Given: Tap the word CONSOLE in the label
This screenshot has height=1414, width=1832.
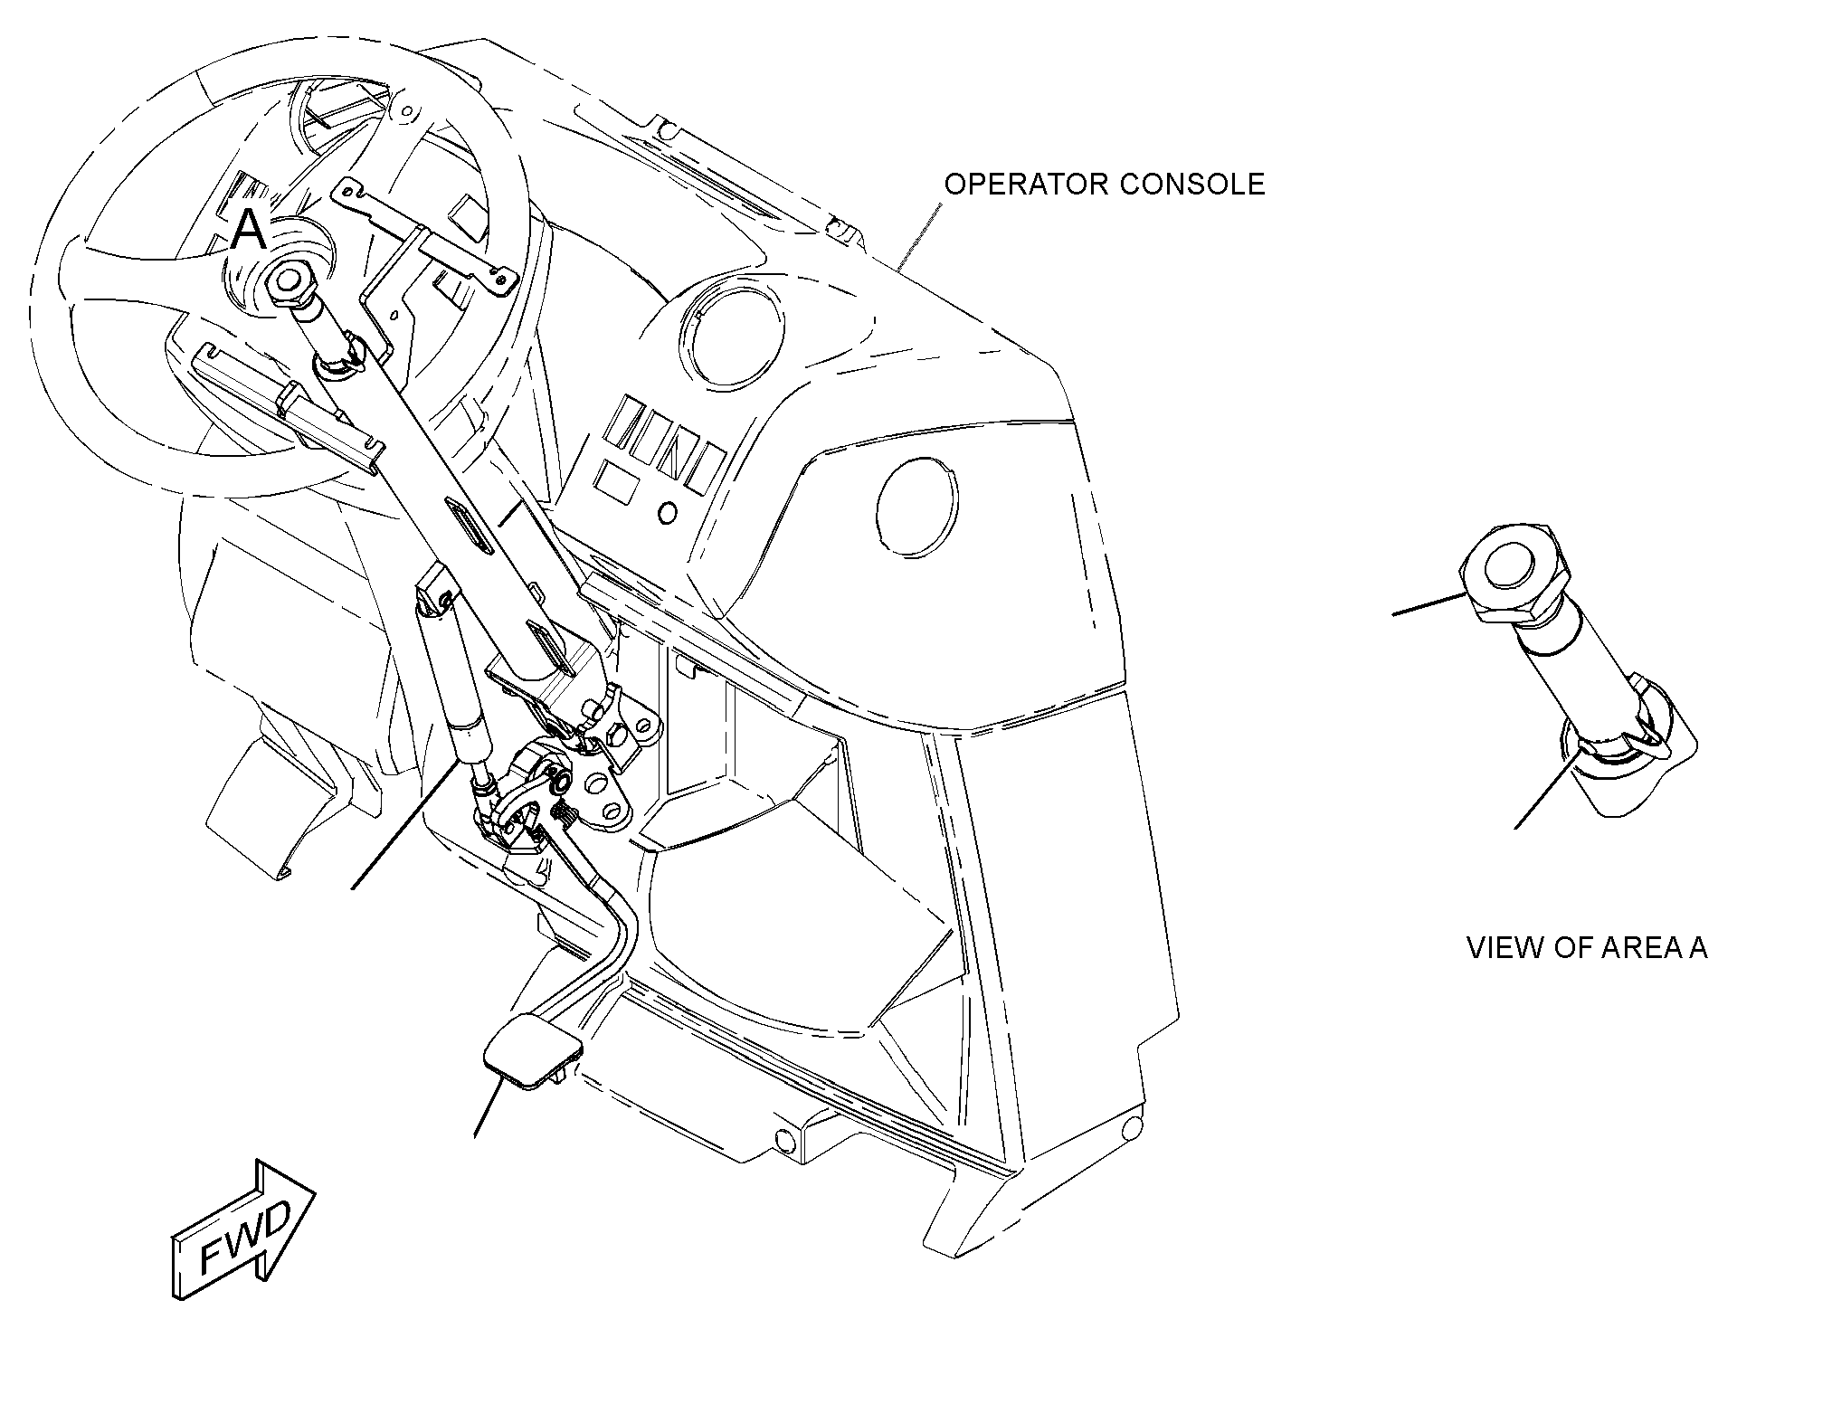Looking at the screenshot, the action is coord(1191,185).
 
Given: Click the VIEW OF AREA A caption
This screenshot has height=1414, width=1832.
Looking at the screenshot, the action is coord(1587,948).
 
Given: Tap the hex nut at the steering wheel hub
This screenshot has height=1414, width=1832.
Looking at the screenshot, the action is coord(291,282).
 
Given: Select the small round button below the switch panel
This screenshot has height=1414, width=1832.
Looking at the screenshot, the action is coord(668,513).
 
